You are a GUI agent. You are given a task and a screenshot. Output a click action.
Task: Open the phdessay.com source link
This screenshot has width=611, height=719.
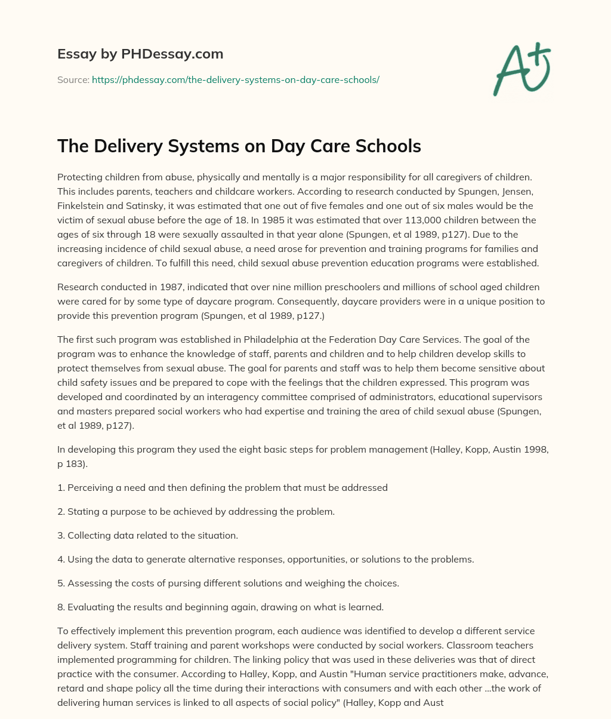235,79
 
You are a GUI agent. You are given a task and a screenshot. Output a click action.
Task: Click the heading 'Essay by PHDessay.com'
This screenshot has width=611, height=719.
140,54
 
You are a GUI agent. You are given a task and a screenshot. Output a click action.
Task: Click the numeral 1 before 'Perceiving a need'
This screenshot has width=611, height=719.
60,487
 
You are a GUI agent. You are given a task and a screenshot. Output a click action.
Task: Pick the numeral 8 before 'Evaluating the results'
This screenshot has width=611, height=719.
60,607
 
